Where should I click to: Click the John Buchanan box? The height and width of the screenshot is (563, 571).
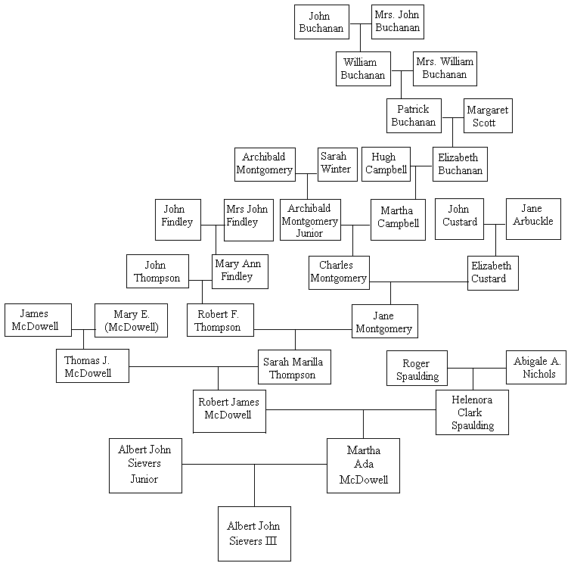[x=321, y=22]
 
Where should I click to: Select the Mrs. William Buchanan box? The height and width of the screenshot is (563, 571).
[x=444, y=69]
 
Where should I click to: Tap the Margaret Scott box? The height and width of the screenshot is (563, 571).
[x=487, y=116]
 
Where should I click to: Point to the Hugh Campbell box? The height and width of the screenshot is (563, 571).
[x=386, y=163]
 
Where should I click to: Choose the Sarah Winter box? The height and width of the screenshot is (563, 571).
[x=335, y=163]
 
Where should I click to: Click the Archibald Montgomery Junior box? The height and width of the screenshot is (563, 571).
[x=309, y=219]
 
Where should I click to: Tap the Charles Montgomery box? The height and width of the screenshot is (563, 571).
[x=339, y=272]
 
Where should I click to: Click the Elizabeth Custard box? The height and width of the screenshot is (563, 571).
[x=492, y=272]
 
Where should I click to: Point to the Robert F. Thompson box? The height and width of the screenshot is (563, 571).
[x=220, y=320]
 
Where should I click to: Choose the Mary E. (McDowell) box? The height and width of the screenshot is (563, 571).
[x=126, y=320]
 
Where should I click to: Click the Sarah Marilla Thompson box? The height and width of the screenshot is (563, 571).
[x=294, y=367]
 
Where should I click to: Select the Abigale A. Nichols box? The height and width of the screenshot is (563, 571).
[x=535, y=367]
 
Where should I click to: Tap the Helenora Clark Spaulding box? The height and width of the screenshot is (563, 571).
[x=472, y=412]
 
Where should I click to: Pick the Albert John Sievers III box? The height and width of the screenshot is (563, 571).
[x=254, y=533]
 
